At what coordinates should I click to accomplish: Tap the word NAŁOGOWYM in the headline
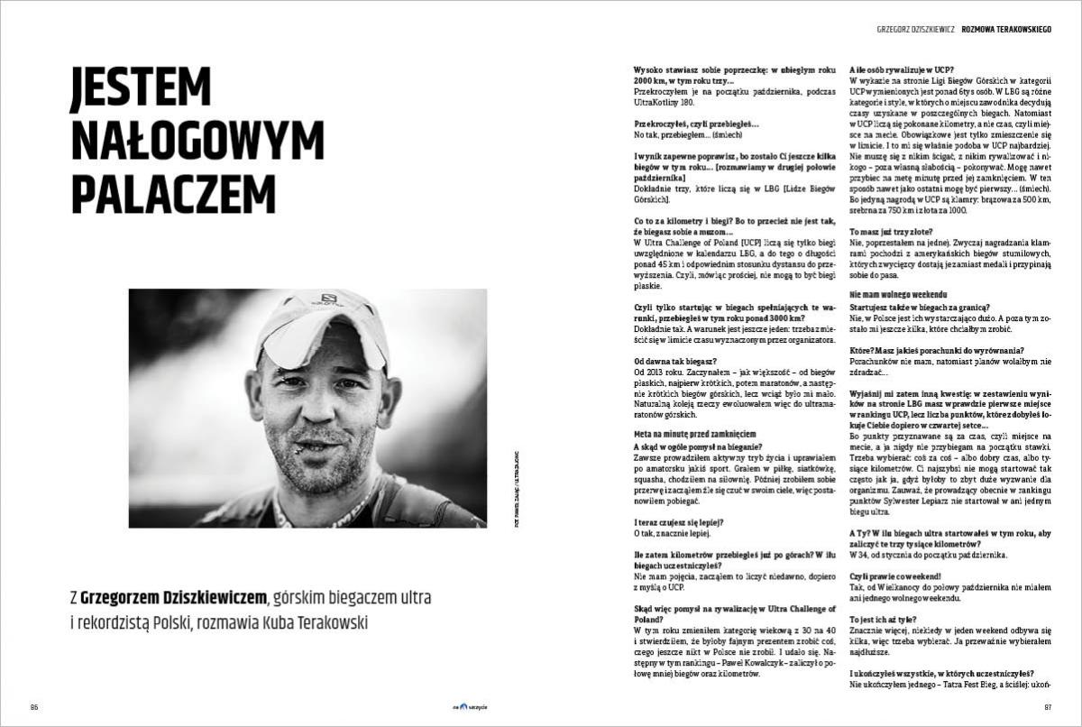(197, 141)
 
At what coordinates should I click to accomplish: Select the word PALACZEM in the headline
(172, 194)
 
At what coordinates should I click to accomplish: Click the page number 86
(34, 706)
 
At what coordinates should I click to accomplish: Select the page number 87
(1047, 706)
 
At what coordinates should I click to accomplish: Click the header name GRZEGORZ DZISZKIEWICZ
(914, 29)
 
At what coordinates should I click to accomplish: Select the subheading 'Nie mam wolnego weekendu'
(898, 295)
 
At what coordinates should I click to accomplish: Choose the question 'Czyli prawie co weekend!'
(890, 575)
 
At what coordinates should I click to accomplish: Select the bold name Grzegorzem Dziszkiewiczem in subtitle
(173, 598)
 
